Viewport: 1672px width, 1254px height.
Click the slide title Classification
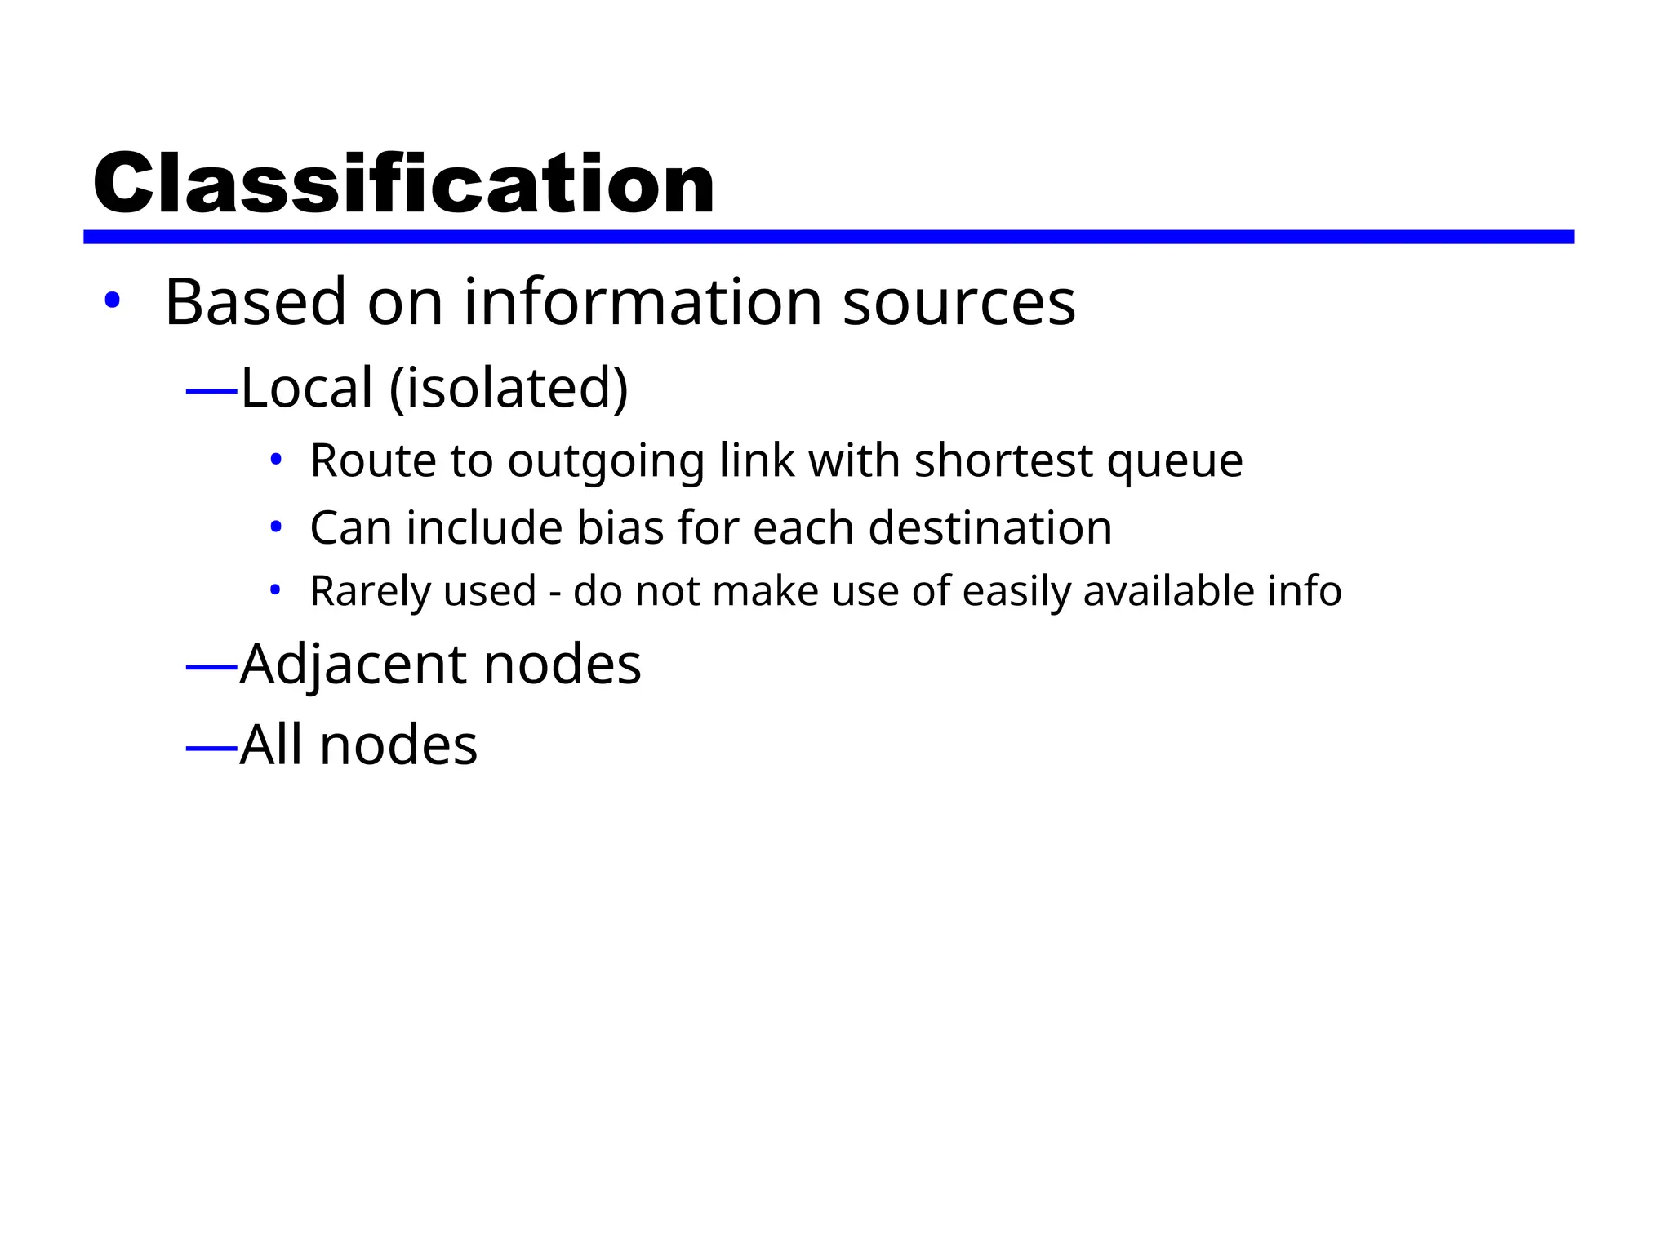403,185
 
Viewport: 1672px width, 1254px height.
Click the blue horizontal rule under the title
828,237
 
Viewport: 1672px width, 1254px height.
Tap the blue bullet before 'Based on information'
112,301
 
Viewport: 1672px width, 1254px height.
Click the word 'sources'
958,304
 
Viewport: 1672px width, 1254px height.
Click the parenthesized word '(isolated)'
509,389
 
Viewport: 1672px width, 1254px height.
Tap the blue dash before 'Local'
211,392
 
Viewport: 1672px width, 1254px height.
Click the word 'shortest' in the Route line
1003,460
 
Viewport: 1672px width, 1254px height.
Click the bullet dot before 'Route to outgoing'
276,460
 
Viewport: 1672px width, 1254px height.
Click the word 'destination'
989,527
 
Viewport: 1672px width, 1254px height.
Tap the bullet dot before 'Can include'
276,527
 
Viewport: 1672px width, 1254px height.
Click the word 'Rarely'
364,592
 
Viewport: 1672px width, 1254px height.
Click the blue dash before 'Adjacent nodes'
211,669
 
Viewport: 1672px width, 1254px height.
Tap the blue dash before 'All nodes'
211,748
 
